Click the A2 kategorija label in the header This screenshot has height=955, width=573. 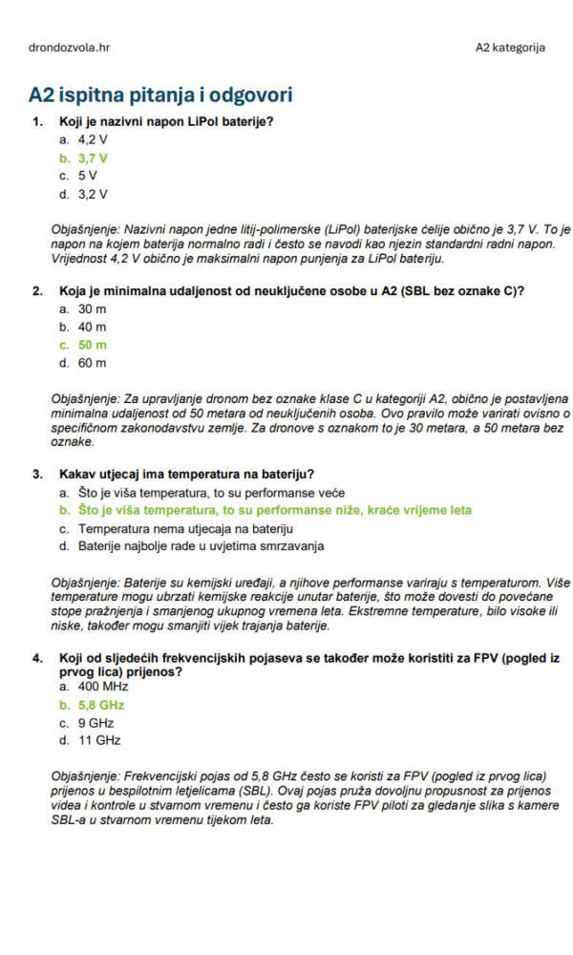coord(511,47)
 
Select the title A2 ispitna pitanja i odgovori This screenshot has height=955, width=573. coord(160,95)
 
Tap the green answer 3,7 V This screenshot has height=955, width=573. coord(93,158)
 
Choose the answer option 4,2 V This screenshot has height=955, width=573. coord(93,139)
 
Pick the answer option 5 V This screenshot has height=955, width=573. coord(88,176)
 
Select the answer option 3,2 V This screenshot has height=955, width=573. coord(93,194)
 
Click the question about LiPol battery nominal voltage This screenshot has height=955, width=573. coord(166,121)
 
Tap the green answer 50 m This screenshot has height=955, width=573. coord(93,345)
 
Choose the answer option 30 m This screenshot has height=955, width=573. coord(93,308)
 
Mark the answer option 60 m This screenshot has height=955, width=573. coord(93,363)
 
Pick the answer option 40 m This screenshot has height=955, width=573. coord(93,327)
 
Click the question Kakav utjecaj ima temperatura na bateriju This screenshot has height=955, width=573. coord(187,474)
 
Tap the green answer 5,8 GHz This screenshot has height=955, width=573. coord(101,705)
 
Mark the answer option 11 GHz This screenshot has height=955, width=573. coord(99,740)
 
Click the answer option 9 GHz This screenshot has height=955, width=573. coord(95,723)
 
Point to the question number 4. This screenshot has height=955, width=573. coord(37,658)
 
